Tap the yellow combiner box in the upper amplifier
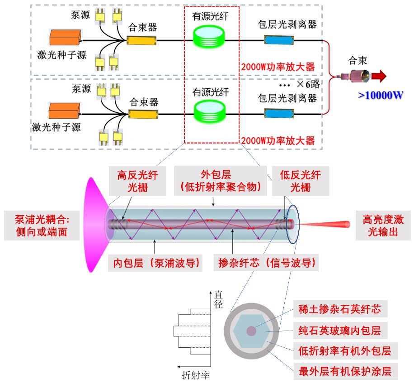click(x=142, y=41)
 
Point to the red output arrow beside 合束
click(x=379, y=76)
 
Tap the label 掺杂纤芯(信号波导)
click(x=266, y=262)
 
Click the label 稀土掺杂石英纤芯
click(x=339, y=309)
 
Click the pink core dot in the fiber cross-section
click(x=251, y=331)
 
